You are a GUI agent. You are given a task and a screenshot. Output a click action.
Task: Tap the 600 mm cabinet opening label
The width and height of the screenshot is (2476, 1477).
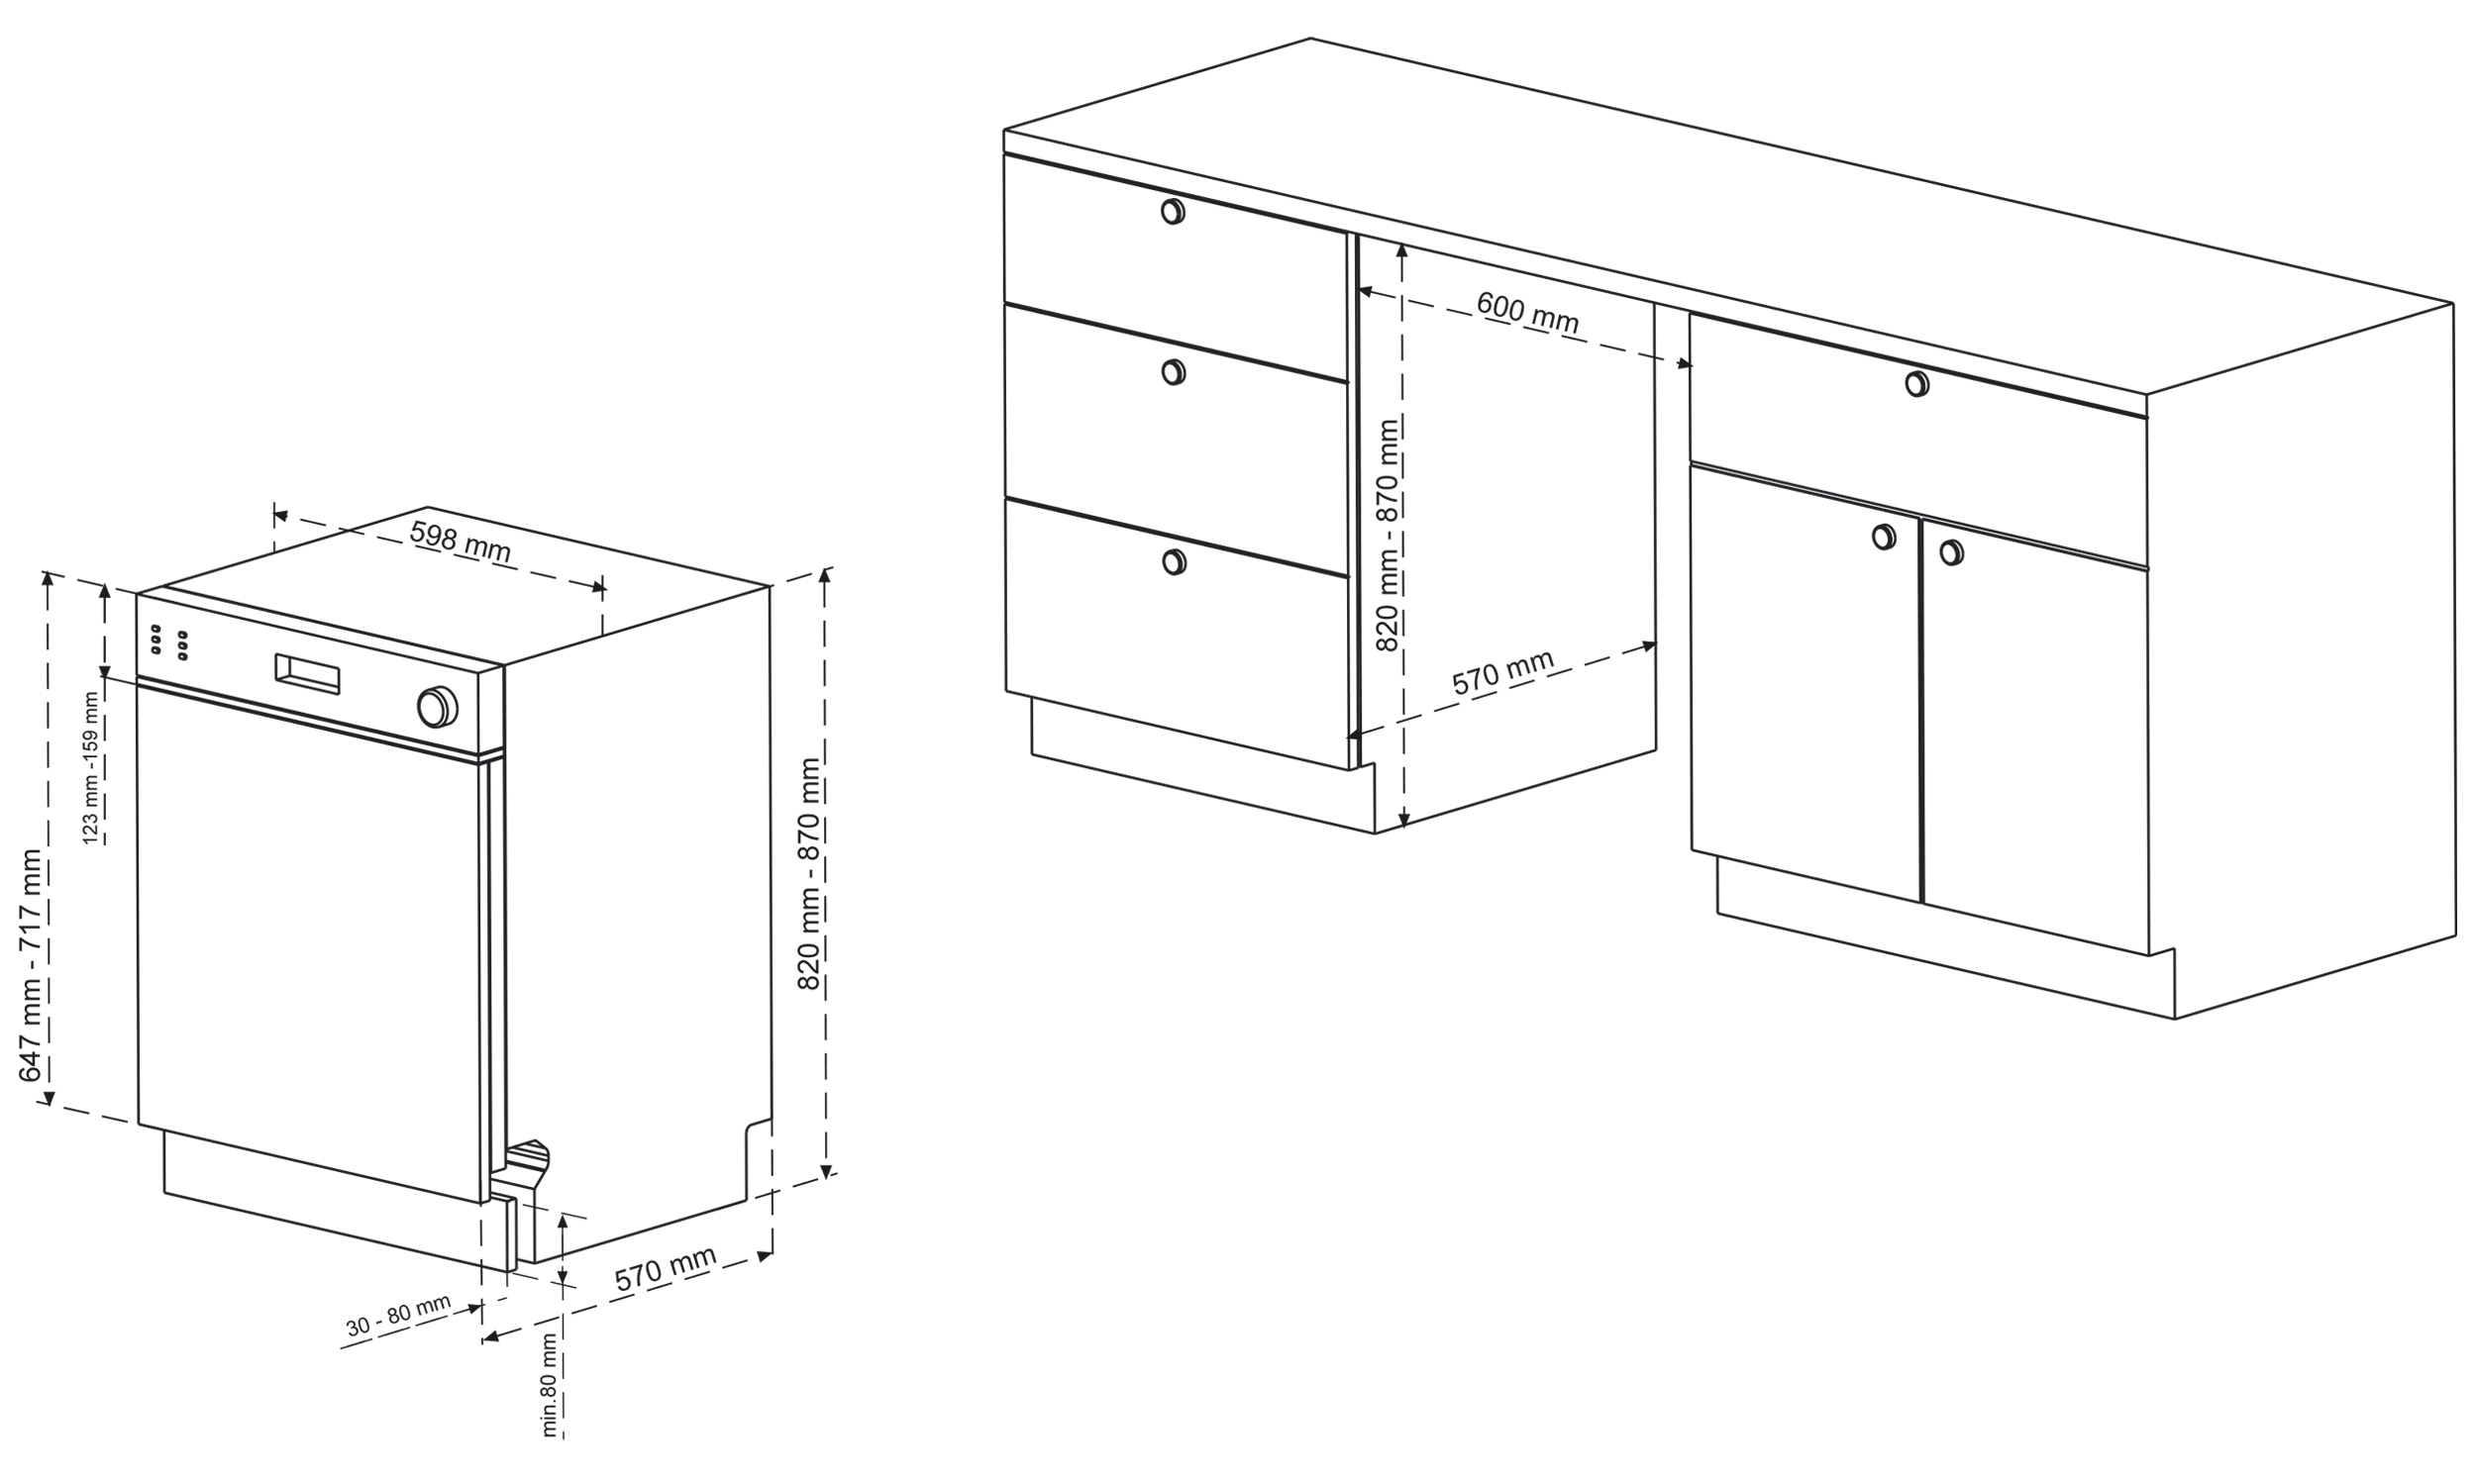click(1527, 312)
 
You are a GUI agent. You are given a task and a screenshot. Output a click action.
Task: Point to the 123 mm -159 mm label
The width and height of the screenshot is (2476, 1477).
click(91, 768)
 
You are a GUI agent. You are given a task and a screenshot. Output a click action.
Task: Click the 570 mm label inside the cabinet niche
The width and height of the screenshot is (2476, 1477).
click(1502, 673)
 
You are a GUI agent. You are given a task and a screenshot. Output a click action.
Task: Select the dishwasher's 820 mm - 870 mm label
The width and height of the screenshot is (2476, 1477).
click(809, 874)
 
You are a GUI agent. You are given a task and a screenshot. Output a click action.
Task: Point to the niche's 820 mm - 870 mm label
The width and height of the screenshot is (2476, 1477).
click(1388, 536)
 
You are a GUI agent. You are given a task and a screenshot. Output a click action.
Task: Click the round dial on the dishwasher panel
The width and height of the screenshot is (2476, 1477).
click(437, 706)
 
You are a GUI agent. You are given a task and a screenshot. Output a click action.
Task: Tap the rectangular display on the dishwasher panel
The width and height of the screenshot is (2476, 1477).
click(308, 674)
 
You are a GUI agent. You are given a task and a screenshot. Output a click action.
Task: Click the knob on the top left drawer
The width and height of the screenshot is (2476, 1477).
click(1173, 212)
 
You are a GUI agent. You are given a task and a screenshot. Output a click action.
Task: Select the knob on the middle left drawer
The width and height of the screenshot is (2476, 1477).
click(1174, 372)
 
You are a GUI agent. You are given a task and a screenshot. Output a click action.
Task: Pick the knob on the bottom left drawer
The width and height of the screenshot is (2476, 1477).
click(1175, 562)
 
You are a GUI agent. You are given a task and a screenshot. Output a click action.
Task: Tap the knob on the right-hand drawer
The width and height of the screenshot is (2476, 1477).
click(1916, 383)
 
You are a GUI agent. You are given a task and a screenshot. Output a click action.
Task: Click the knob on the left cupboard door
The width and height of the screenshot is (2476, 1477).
click(1884, 537)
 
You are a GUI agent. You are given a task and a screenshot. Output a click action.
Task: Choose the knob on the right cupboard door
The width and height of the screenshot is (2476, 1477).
click(1951, 552)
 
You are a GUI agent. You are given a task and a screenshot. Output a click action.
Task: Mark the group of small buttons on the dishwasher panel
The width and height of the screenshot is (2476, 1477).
click(169, 641)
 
